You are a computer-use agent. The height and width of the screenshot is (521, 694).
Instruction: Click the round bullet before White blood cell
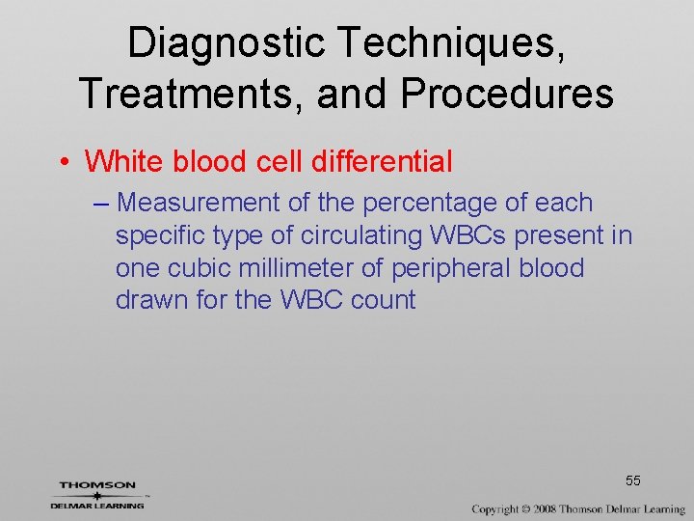pyautogui.click(x=63, y=161)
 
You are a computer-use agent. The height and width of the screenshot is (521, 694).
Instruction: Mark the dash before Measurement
pyautogui.click(x=102, y=204)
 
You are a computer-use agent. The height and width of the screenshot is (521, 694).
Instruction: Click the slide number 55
pyautogui.click(x=632, y=480)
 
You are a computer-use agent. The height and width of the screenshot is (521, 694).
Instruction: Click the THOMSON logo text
pyautogui.click(x=97, y=485)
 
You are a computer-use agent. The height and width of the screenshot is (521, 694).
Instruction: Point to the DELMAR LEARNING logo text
pyautogui.click(x=97, y=505)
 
